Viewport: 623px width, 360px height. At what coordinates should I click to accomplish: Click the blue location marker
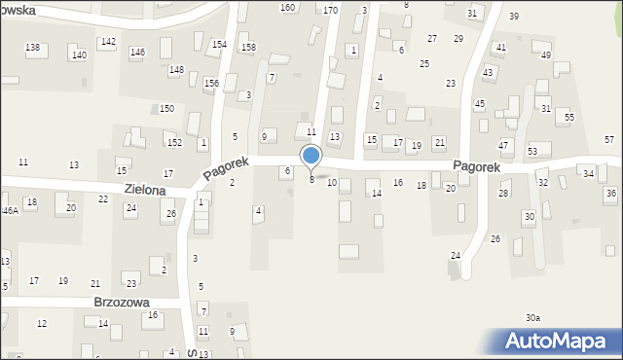click(x=311, y=156)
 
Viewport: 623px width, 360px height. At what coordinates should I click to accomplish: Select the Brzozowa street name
click(x=122, y=303)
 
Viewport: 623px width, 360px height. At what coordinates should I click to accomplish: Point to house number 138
click(x=33, y=48)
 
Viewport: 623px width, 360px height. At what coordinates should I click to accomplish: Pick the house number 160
click(x=287, y=8)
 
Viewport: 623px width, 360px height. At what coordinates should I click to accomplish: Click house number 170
click(x=330, y=11)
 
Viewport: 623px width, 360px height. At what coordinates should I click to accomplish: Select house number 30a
click(x=532, y=318)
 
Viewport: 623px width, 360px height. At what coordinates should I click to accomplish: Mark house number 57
click(x=608, y=140)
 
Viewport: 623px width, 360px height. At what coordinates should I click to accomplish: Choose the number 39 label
click(x=513, y=17)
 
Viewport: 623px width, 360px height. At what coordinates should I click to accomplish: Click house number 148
click(x=175, y=70)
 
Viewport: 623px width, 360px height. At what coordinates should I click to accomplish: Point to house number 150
click(x=167, y=108)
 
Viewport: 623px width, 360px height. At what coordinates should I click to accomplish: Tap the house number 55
click(x=569, y=118)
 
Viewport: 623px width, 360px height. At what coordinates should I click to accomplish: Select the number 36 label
click(x=610, y=194)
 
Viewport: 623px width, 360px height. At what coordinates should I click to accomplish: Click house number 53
click(x=532, y=152)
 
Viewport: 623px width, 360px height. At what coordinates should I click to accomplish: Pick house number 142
click(x=108, y=42)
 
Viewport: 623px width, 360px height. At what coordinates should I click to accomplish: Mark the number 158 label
click(x=248, y=48)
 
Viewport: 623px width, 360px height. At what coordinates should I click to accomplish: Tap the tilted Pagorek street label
click(x=228, y=167)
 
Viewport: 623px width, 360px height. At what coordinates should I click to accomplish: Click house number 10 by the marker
click(x=332, y=183)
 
